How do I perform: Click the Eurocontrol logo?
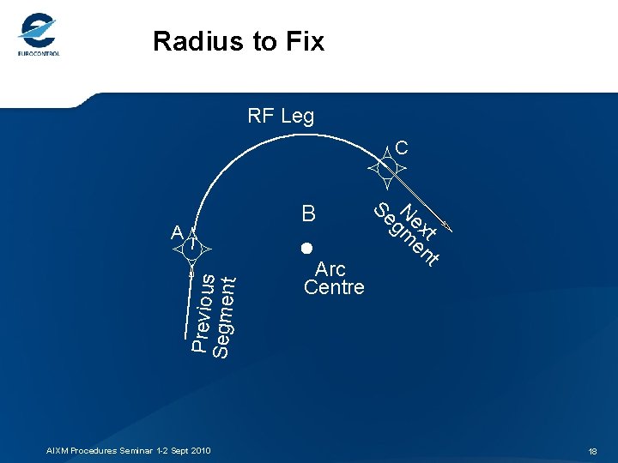click(38, 35)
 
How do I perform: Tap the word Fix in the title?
click(304, 40)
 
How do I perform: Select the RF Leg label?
click(281, 116)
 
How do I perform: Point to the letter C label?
click(402, 148)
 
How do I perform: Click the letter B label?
click(309, 213)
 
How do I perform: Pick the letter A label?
click(176, 232)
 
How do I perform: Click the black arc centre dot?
click(305, 249)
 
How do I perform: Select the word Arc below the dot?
click(330, 269)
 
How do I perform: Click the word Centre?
click(334, 287)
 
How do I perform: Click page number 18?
click(592, 451)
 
